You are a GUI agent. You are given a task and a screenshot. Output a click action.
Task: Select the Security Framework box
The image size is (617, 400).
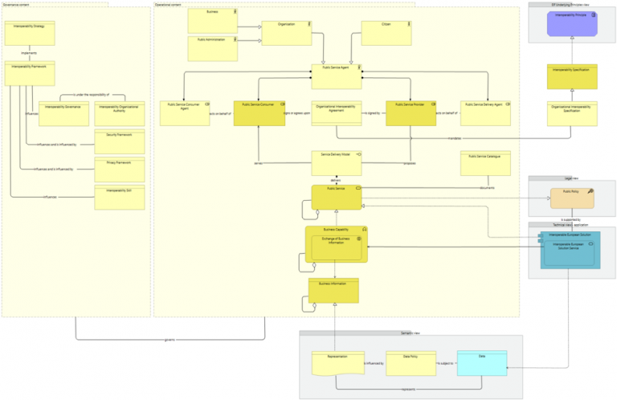point(119,141)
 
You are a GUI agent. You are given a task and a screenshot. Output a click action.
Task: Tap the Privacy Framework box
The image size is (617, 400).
point(119,169)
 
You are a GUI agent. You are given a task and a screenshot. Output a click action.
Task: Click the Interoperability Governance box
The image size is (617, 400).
point(63,113)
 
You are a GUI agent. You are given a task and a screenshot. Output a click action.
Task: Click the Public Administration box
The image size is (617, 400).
point(213,48)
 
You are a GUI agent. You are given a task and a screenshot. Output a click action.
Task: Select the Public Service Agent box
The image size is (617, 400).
point(336,76)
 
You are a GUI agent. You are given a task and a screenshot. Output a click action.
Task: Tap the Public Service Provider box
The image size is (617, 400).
point(410,113)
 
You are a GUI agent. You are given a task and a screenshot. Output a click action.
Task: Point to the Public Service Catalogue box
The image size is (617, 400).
point(485,163)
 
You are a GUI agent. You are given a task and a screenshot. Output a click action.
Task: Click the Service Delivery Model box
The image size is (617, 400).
point(336,163)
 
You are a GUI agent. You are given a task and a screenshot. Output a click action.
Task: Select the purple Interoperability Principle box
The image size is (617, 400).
point(572,24)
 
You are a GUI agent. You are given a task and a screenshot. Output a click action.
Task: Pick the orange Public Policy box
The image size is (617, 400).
point(572,198)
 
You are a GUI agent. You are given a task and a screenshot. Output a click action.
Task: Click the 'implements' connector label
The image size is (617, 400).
point(30,53)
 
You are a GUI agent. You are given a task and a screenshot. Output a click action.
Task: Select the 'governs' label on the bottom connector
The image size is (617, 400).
point(170,340)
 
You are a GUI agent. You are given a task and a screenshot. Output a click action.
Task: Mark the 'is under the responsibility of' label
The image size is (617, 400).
point(91,95)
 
